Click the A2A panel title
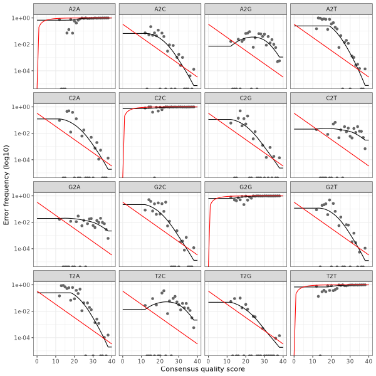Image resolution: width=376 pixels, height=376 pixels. pyautogui.click(x=75, y=8)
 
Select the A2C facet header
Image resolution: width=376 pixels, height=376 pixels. pyautogui.click(x=160, y=8)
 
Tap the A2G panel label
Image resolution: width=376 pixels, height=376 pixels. pyautogui.click(x=245, y=8)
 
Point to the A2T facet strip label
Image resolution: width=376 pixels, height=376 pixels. pyautogui.click(x=330, y=8)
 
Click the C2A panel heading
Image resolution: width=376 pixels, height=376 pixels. pyautogui.click(x=75, y=97)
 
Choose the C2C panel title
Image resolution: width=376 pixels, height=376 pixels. pyautogui.click(x=160, y=97)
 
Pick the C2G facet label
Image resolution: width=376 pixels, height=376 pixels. pyautogui.click(x=245, y=97)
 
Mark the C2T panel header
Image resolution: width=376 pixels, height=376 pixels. pyautogui.click(x=330, y=97)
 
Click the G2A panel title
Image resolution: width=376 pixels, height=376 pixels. pyautogui.click(x=75, y=186)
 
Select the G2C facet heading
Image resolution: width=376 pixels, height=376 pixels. pyautogui.click(x=160, y=186)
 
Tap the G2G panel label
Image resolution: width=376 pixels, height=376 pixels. pyautogui.click(x=245, y=186)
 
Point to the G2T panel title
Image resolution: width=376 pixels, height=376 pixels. pyautogui.click(x=330, y=186)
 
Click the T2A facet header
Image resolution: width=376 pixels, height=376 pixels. pyautogui.click(x=75, y=275)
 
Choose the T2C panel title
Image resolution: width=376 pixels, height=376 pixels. pyautogui.click(x=160, y=275)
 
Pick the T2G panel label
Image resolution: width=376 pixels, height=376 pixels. pyautogui.click(x=245, y=275)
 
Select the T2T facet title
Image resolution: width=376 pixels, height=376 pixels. pyautogui.click(x=330, y=275)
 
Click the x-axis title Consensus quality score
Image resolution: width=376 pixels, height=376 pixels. pyautogui.click(x=202, y=369)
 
